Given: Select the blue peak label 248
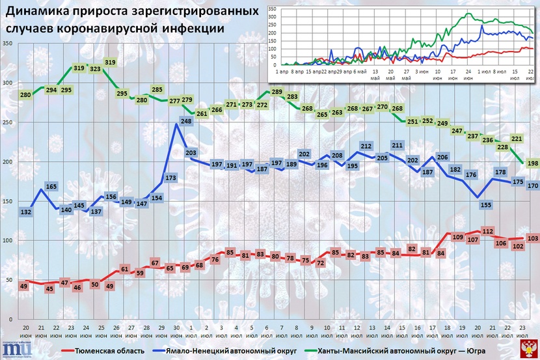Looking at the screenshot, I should (x=186, y=120).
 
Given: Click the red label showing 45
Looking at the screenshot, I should (x=49, y=289).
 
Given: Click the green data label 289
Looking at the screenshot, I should (x=277, y=92).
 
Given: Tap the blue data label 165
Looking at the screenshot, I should (x=51, y=187).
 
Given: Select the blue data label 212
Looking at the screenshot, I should (x=366, y=146).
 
